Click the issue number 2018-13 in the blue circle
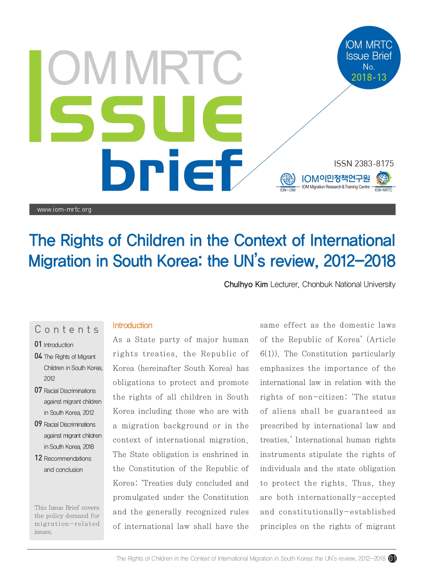click(369, 78)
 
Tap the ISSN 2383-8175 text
click(363, 164)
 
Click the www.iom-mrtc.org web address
click(64, 209)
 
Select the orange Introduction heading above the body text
click(132, 325)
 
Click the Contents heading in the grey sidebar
click(67, 330)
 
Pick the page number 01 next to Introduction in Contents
click(38, 344)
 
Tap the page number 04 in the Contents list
click(38, 356)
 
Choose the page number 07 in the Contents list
click(38, 390)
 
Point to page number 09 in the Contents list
click(38, 424)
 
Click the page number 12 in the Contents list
click(38, 458)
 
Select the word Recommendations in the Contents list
click(67, 459)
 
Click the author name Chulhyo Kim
click(246, 284)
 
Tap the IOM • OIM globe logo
click(288, 180)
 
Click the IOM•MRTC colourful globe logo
click(383, 178)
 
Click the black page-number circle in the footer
click(392, 558)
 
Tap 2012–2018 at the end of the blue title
click(359, 261)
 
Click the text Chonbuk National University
click(348, 284)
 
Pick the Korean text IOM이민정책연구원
click(335, 179)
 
